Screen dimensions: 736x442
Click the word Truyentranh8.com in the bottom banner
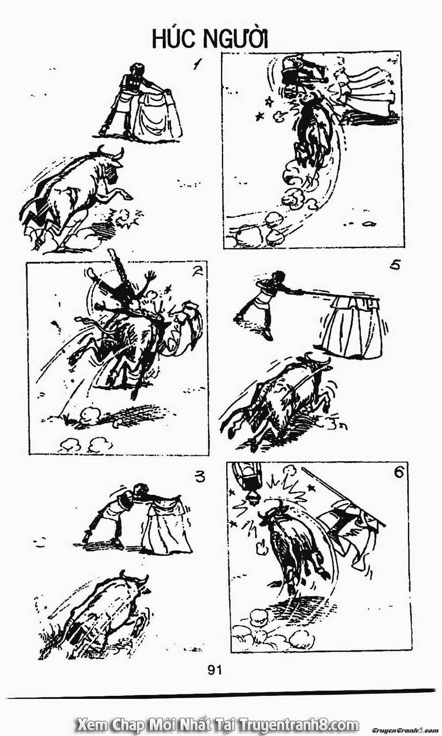coord(298,725)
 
